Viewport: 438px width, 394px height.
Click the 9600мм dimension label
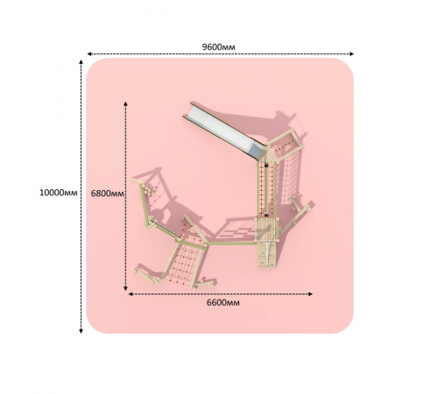(x=218, y=47)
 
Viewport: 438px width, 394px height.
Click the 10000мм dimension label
(x=59, y=193)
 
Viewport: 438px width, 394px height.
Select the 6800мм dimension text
(x=107, y=193)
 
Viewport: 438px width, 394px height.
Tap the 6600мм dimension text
(x=223, y=303)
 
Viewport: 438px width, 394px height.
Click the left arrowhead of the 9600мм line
(x=89, y=53)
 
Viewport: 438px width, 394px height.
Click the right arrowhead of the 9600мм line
(x=351, y=53)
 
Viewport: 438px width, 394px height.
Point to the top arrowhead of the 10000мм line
(x=81, y=62)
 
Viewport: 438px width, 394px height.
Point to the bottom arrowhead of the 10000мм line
(x=81, y=331)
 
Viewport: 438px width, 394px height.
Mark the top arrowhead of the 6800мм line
(x=125, y=104)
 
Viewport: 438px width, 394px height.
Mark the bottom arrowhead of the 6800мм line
(x=125, y=288)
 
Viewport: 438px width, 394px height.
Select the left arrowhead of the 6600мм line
(x=131, y=294)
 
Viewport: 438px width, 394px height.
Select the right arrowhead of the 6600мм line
(x=310, y=294)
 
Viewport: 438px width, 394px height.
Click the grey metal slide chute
(x=223, y=130)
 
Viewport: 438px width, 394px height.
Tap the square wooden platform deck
(x=265, y=229)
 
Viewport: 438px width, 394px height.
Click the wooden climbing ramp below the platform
(x=266, y=254)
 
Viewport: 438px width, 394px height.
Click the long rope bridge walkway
(x=266, y=190)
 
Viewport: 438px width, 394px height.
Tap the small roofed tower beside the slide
(x=285, y=146)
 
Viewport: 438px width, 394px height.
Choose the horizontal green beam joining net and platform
(x=230, y=243)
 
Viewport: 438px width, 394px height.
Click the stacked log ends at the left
(x=149, y=189)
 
